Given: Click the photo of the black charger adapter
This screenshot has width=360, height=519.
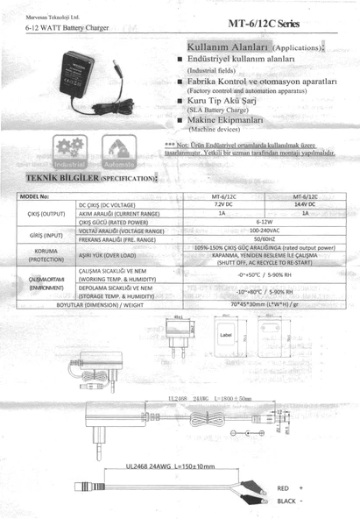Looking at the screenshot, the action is [83, 83].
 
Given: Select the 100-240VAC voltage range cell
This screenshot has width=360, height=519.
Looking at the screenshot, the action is [264, 230].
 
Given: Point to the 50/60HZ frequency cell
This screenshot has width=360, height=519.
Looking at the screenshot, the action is [264, 238].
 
